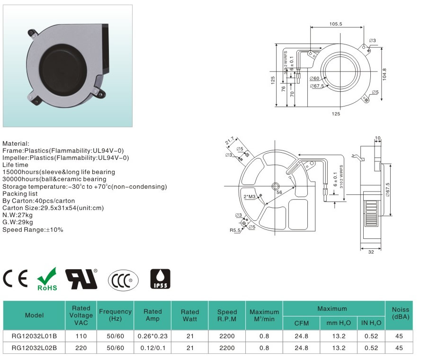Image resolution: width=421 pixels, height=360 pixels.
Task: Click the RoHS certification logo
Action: tap(47, 279)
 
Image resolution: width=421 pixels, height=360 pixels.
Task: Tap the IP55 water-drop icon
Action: tap(160, 279)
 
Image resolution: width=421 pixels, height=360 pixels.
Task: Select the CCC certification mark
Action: tap(123, 281)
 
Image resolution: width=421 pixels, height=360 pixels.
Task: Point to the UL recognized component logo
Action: tap(81, 279)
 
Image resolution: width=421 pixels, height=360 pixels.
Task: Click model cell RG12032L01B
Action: tap(35, 336)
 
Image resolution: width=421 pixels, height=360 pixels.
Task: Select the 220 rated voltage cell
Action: tap(81, 348)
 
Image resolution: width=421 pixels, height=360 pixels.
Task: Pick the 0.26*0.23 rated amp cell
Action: tap(152, 336)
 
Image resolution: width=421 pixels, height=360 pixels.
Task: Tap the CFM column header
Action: tap(302, 323)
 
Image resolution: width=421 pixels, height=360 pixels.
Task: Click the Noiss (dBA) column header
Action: tap(400, 313)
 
